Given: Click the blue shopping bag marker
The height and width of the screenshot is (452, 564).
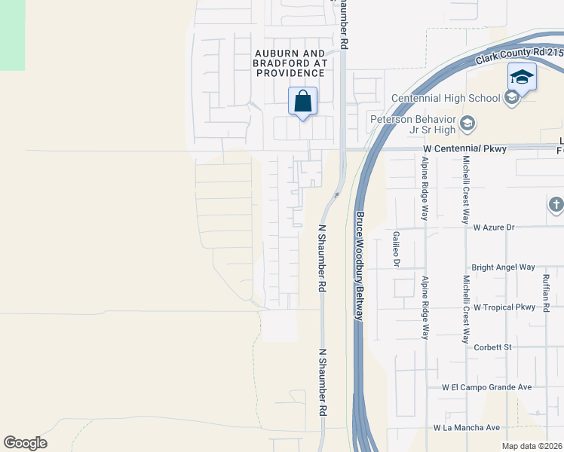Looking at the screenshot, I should click(302, 101).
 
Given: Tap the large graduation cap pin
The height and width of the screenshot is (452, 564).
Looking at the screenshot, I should click(522, 77).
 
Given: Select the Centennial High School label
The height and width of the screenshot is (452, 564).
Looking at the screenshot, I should click(445, 98).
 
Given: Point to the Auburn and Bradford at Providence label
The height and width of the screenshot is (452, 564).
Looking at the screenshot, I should click(290, 63).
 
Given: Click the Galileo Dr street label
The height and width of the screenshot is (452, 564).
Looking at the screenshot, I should click(396, 249).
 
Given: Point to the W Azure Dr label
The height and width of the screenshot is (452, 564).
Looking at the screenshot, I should click(493, 227).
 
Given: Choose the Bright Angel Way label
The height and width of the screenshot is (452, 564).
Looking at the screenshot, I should click(503, 267).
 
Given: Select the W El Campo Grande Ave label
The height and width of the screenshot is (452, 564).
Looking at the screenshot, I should click(487, 387).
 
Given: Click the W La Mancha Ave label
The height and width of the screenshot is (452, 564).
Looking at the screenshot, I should click(467, 428).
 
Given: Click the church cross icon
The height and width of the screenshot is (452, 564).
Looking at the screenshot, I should click(556, 205).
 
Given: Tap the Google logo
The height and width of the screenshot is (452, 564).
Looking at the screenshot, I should click(25, 443).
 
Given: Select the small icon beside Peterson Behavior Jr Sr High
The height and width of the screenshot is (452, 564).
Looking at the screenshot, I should click(467, 123).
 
